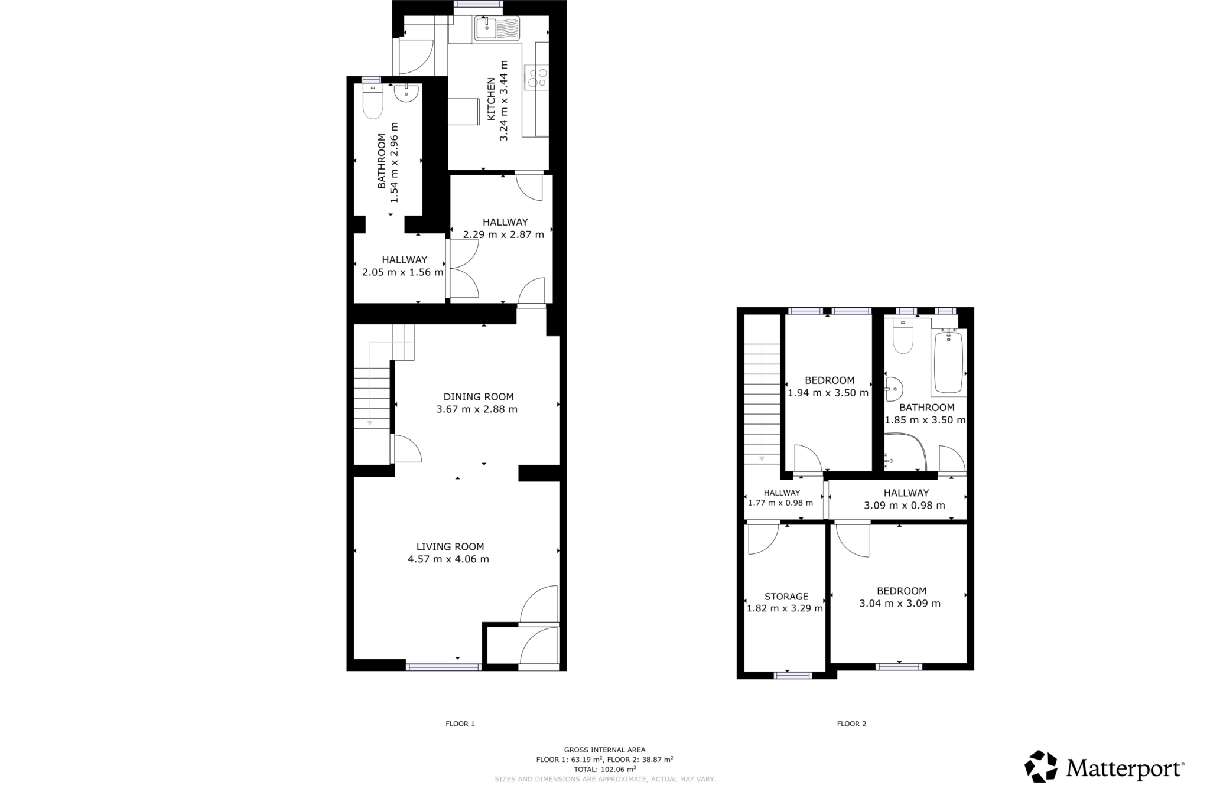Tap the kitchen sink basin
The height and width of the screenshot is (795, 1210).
tap(486, 27)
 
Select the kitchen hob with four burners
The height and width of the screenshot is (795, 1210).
tap(536, 77)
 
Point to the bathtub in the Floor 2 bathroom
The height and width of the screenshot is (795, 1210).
tap(948, 361)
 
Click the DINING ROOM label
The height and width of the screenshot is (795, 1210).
tap(479, 397)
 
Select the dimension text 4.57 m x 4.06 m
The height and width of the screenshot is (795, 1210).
tap(448, 559)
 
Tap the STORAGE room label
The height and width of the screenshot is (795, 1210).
tap(786, 597)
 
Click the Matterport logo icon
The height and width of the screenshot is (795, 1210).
tap(1040, 766)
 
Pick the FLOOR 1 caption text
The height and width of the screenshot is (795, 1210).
tap(460, 724)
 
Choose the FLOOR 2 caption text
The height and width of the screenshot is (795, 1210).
tap(851, 724)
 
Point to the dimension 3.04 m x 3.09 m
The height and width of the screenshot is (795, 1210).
tap(900, 604)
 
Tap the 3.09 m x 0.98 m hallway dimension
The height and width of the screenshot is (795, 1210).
tap(905, 506)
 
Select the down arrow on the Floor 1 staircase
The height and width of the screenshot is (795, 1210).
tap(370, 422)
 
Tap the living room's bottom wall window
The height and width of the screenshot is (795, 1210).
tap(443, 667)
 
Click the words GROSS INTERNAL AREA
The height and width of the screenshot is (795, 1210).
tap(604, 750)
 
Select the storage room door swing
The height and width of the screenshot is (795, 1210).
tap(762, 539)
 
